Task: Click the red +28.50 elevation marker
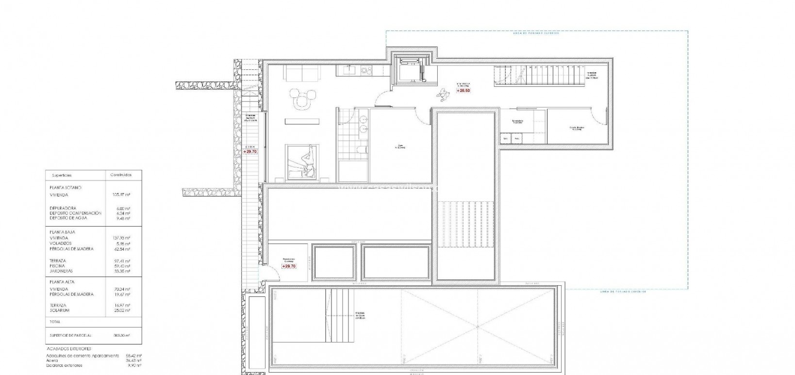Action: pyautogui.click(x=463, y=90)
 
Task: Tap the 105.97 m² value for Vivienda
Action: pyautogui.click(x=121, y=195)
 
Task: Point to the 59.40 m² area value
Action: pyautogui.click(x=121, y=266)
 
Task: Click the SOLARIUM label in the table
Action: pyautogui.click(x=59, y=310)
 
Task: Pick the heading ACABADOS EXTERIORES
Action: pyautogui.click(x=68, y=349)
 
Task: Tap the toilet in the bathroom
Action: pyautogui.click(x=360, y=150)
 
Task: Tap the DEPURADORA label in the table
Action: pyautogui.click(x=63, y=208)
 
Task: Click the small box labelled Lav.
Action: pyautogui.click(x=506, y=139)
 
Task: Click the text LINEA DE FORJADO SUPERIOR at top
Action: pyautogui.click(x=536, y=33)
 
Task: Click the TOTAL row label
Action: pyautogui.click(x=55, y=322)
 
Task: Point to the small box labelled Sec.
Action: pyautogui.click(x=517, y=139)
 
